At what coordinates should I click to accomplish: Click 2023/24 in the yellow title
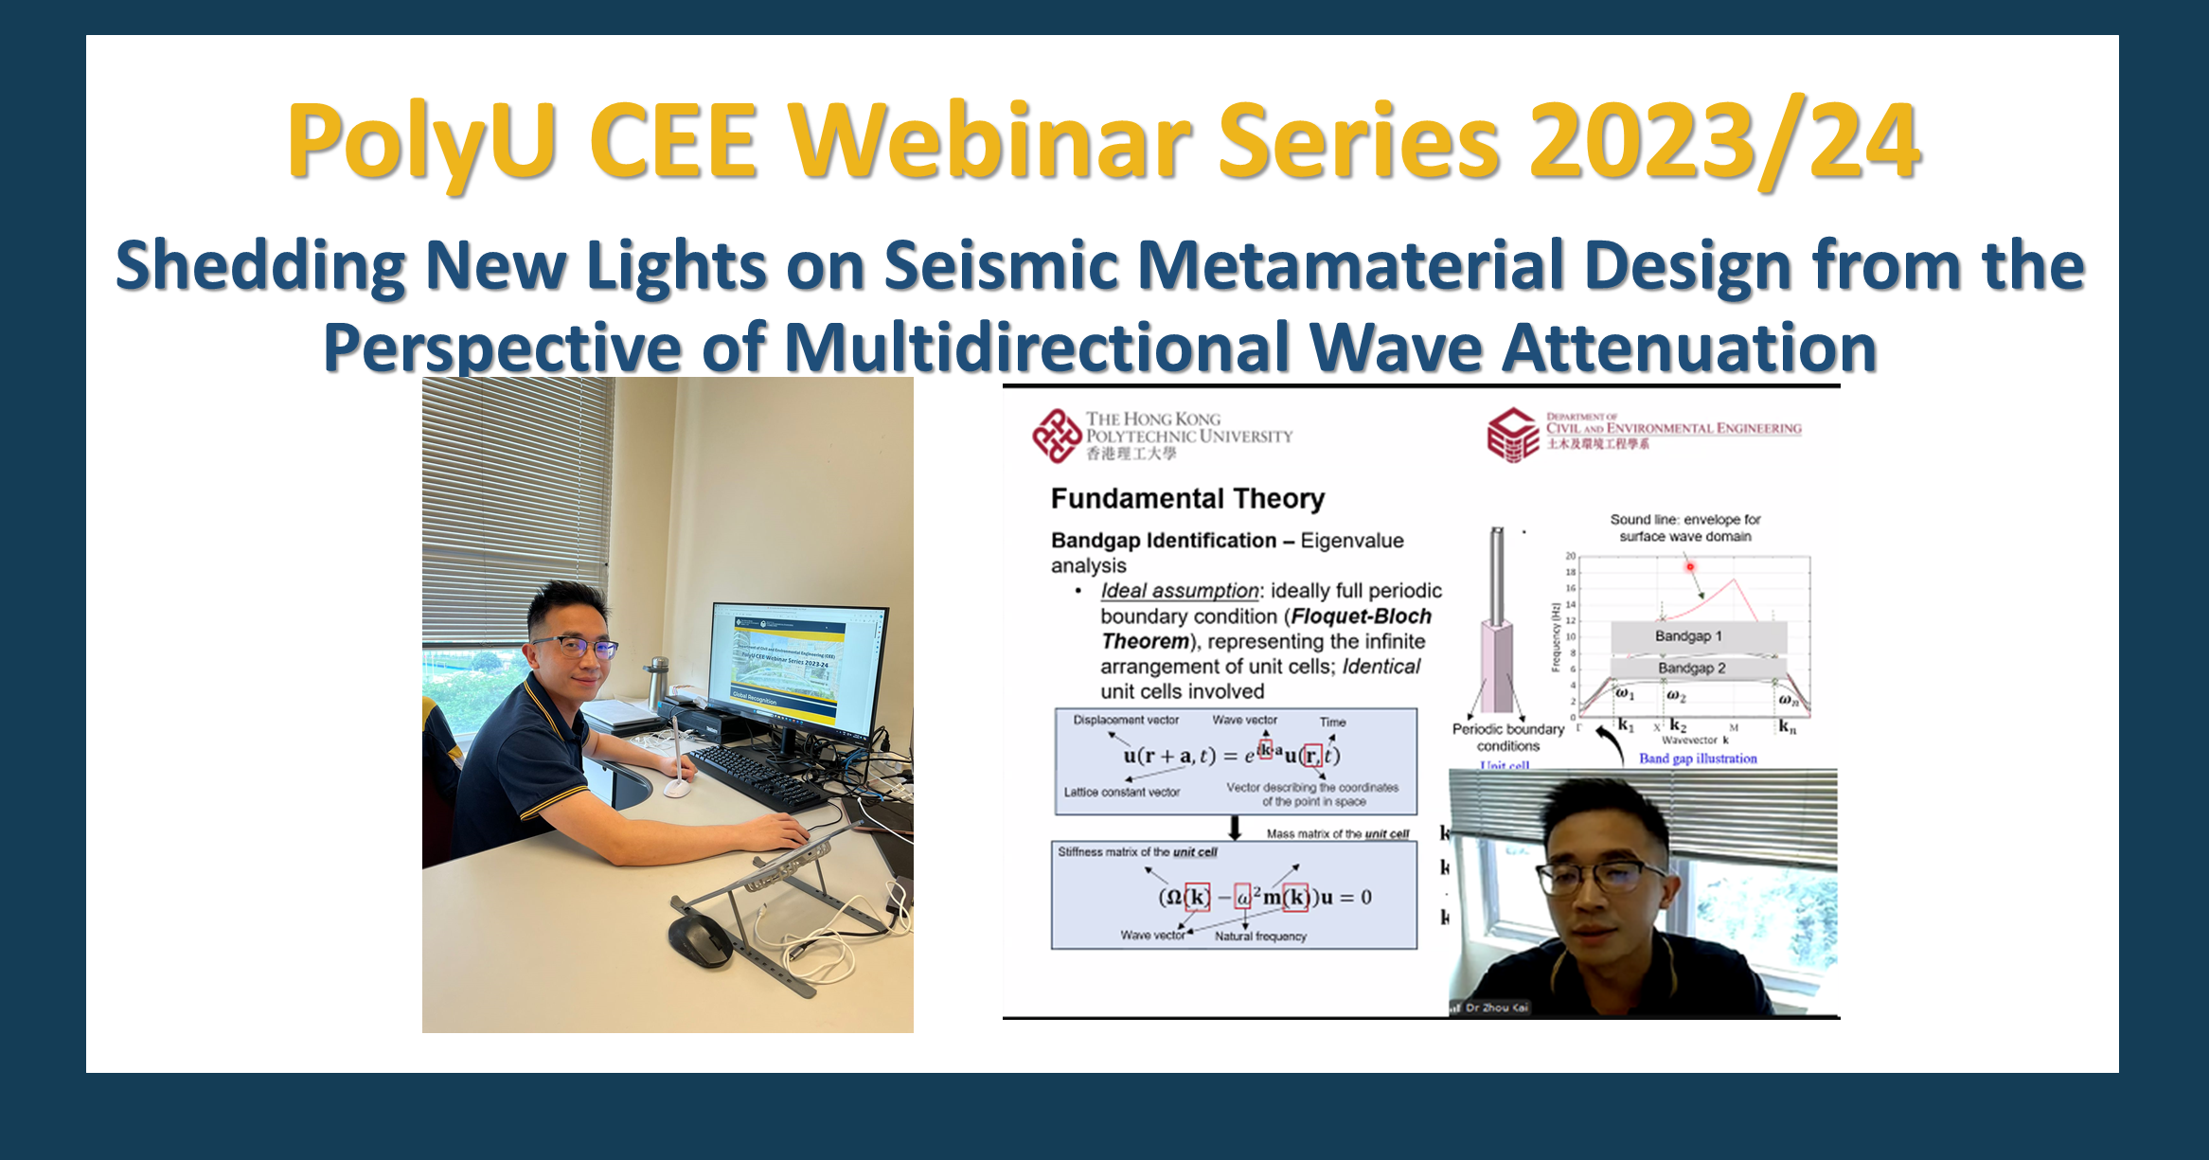[1724, 142]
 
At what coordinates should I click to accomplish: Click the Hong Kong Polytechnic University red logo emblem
[1056, 436]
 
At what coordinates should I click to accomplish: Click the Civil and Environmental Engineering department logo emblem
[1512, 435]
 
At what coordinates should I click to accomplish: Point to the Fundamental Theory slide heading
[1187, 498]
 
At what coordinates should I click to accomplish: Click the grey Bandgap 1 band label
[1688, 635]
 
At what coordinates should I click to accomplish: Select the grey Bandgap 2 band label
[1691, 668]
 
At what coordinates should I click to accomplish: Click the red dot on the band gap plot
[1689, 566]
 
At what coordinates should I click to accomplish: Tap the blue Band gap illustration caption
[1698, 758]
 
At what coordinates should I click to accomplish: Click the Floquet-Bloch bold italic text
[1362, 616]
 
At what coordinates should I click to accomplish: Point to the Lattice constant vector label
[1121, 792]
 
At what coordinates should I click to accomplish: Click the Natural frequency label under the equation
[1260, 936]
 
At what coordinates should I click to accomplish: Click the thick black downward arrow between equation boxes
[1235, 828]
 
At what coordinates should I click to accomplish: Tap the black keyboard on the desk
[757, 776]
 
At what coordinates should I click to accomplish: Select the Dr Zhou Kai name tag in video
[1496, 1008]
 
